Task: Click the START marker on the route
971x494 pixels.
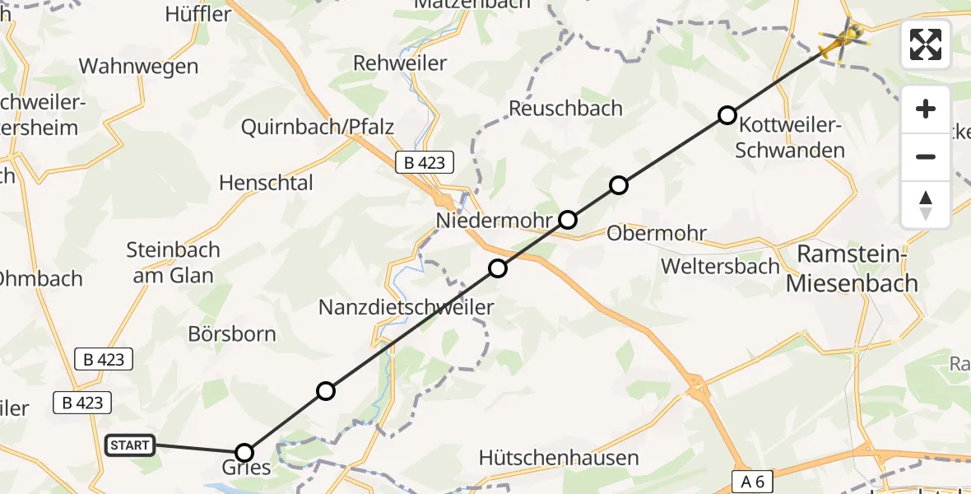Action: click(x=130, y=445)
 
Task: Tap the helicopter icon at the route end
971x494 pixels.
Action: click(x=842, y=40)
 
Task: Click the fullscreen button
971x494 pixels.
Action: click(x=926, y=44)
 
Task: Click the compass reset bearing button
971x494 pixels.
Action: click(x=926, y=205)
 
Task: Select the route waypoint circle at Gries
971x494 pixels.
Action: click(x=244, y=452)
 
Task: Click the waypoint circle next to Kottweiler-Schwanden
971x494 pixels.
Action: click(x=727, y=115)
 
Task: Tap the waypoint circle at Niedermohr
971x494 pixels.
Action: click(x=568, y=219)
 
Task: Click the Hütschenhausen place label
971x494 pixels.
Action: click(x=559, y=458)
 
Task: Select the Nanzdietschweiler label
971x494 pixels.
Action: click(x=407, y=308)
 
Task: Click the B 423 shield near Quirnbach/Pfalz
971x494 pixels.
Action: click(x=425, y=162)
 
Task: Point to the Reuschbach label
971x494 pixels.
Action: click(x=565, y=108)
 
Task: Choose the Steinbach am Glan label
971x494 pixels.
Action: click(x=174, y=262)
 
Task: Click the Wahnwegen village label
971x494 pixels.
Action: click(x=138, y=66)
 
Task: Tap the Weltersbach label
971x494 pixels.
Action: click(x=720, y=266)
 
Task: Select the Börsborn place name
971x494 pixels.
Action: click(x=232, y=335)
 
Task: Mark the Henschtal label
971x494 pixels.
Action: click(x=266, y=182)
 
